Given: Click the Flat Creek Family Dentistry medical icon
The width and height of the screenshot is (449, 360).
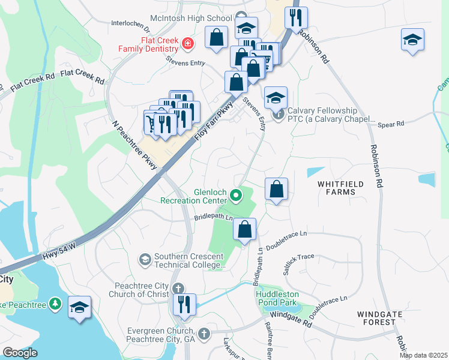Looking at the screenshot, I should tap(188, 43).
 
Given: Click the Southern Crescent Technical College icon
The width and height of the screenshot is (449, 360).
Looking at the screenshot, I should tap(145, 259).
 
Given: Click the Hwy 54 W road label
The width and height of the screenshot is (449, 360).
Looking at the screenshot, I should tap(59, 252).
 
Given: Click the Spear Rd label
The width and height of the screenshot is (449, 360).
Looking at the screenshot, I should tap(391, 124).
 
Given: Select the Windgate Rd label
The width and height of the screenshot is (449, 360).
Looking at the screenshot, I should tap(291, 319).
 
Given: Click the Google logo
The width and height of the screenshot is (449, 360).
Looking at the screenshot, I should tap(20, 353).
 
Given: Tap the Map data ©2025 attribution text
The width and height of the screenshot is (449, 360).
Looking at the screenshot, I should tap(423, 355).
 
